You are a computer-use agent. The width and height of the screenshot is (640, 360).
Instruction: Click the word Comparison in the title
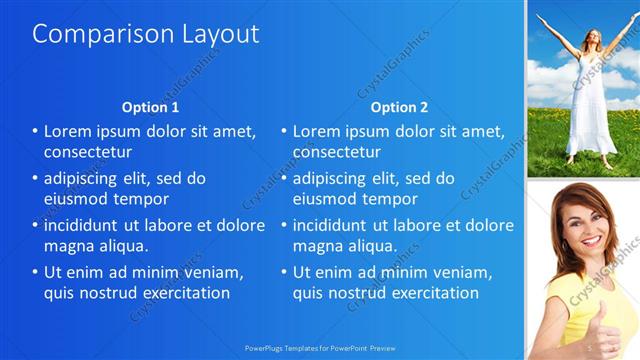89,33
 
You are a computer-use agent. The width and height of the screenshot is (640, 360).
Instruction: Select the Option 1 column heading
150,107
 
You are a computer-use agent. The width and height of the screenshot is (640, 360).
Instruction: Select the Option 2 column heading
399,107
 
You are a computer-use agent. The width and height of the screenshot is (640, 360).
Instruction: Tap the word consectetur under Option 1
88,152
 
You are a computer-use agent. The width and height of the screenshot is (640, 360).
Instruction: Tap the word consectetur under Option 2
336,152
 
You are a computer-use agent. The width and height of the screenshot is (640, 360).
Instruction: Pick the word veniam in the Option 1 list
206,272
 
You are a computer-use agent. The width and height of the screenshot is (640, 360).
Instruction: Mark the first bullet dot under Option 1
36,131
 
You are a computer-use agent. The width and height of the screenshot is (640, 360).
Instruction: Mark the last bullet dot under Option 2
284,272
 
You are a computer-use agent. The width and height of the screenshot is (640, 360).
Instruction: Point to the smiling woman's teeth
592,241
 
